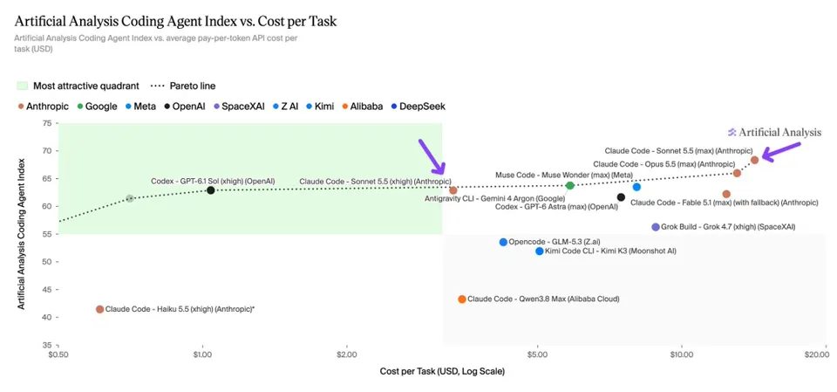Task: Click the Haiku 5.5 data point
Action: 99,309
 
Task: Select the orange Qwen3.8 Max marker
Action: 462,299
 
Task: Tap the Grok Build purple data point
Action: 656,227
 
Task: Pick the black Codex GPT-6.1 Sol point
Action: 211,190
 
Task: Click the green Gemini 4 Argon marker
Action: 569,186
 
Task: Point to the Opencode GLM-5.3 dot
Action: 503,242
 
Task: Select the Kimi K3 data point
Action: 539,251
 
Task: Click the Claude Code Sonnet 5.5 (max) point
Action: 754,160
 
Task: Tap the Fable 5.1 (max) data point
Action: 726,194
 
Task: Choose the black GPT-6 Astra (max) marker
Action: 621,197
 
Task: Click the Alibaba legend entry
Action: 362,107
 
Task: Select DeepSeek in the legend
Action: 418,107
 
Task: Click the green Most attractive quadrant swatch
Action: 23,86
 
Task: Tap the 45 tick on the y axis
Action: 47,290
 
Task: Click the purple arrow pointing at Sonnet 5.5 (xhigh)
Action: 432,156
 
